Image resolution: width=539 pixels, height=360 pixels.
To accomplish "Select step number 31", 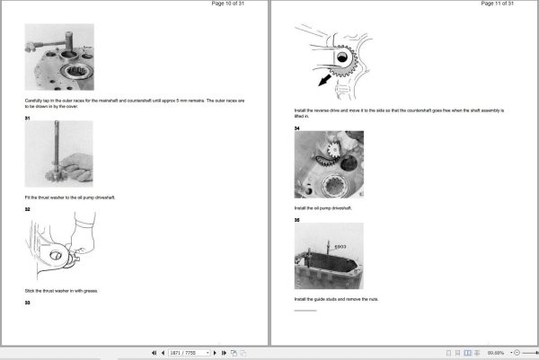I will click(27, 117).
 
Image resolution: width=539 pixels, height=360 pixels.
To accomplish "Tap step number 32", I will click(27, 208).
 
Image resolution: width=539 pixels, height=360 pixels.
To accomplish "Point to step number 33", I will click(27, 303).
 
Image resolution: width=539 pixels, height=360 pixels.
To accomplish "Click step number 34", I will click(297, 127).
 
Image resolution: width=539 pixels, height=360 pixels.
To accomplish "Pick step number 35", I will click(297, 218).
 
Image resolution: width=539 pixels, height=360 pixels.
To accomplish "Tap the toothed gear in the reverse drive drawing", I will click(347, 64).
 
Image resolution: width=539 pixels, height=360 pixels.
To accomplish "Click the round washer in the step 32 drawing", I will click(59, 257).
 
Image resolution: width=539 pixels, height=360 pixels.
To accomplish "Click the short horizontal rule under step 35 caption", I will click(305, 310).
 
